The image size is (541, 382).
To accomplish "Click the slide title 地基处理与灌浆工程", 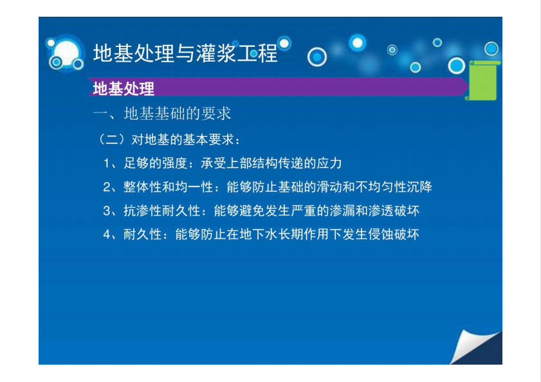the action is tap(185, 53).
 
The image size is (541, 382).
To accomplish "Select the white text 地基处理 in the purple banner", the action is tap(124, 89).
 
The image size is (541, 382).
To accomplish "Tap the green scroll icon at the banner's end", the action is tap(483, 80).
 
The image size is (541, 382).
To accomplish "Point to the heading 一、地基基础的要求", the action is tap(162, 114).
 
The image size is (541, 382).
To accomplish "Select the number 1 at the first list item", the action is tap(107, 163).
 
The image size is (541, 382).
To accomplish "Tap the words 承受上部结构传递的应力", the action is tap(271, 163).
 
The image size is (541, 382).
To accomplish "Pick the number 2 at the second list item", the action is tap(107, 187).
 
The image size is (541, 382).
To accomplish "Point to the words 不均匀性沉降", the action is tap(394, 187).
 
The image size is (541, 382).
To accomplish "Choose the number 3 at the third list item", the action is tap(107, 211).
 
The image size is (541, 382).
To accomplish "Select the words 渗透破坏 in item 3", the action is tap(394, 211).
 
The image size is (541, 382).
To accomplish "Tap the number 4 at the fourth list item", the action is tap(107, 235).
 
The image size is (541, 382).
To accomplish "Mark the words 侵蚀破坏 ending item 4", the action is tap(394, 235).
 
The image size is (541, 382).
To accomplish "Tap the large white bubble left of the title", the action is tap(66, 53).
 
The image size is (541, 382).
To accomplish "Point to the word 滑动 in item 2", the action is tap(329, 187).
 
